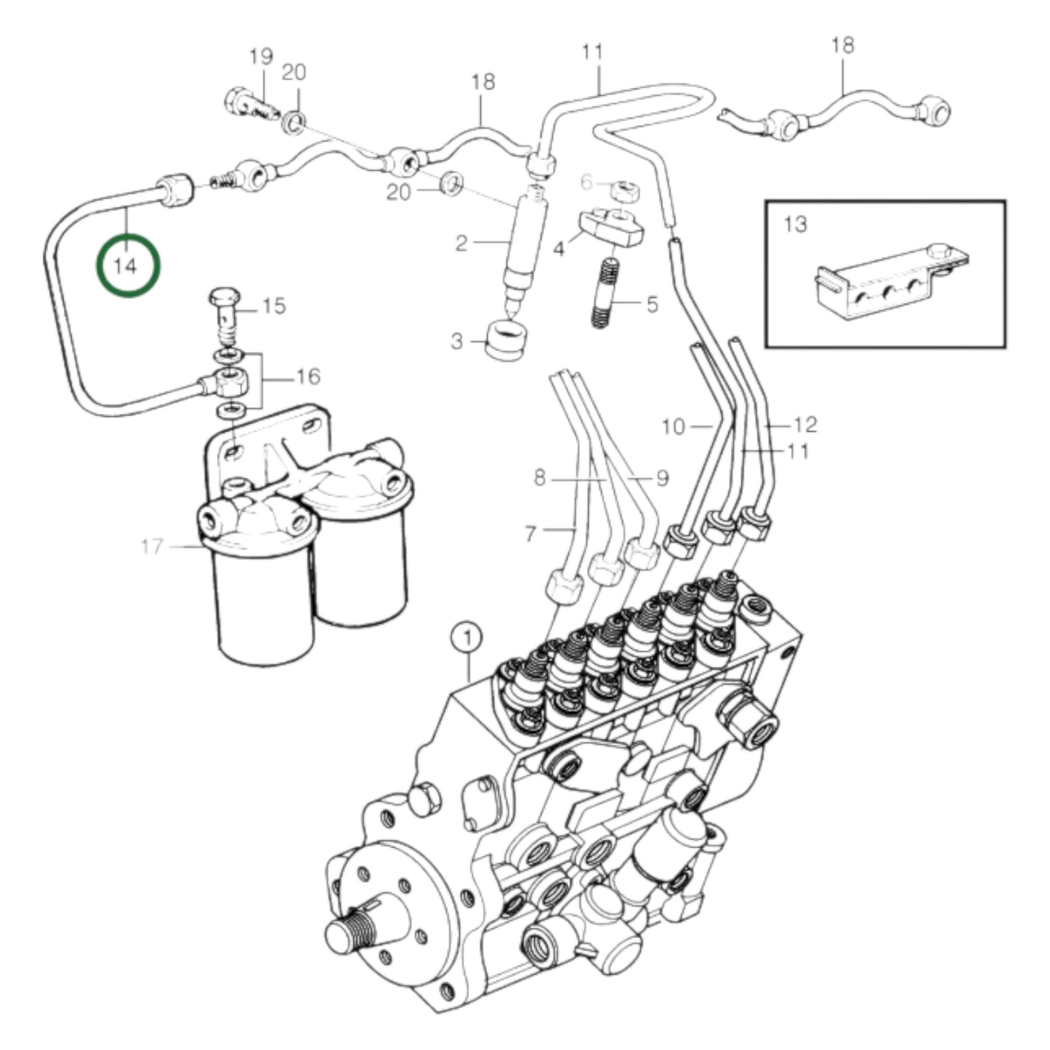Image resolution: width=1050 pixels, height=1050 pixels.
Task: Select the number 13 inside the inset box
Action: (x=796, y=224)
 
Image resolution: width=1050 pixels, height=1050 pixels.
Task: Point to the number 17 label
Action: (x=153, y=546)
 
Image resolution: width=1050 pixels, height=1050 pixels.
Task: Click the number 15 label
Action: (x=274, y=306)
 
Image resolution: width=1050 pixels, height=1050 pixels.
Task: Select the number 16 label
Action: (x=307, y=376)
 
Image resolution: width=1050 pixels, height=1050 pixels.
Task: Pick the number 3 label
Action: (x=456, y=340)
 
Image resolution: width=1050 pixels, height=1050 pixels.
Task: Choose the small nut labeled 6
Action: (x=623, y=192)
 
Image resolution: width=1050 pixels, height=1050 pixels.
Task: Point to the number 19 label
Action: (x=260, y=55)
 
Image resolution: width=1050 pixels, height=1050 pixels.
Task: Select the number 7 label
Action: (x=530, y=534)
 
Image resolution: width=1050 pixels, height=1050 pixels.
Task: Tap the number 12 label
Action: (x=806, y=424)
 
